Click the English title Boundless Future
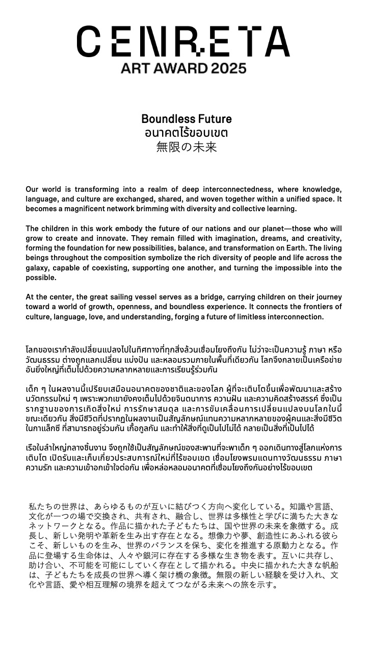click(x=186, y=119)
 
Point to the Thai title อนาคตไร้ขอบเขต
click(x=186, y=133)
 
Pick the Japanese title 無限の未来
click(x=186, y=147)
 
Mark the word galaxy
click(x=40, y=268)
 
